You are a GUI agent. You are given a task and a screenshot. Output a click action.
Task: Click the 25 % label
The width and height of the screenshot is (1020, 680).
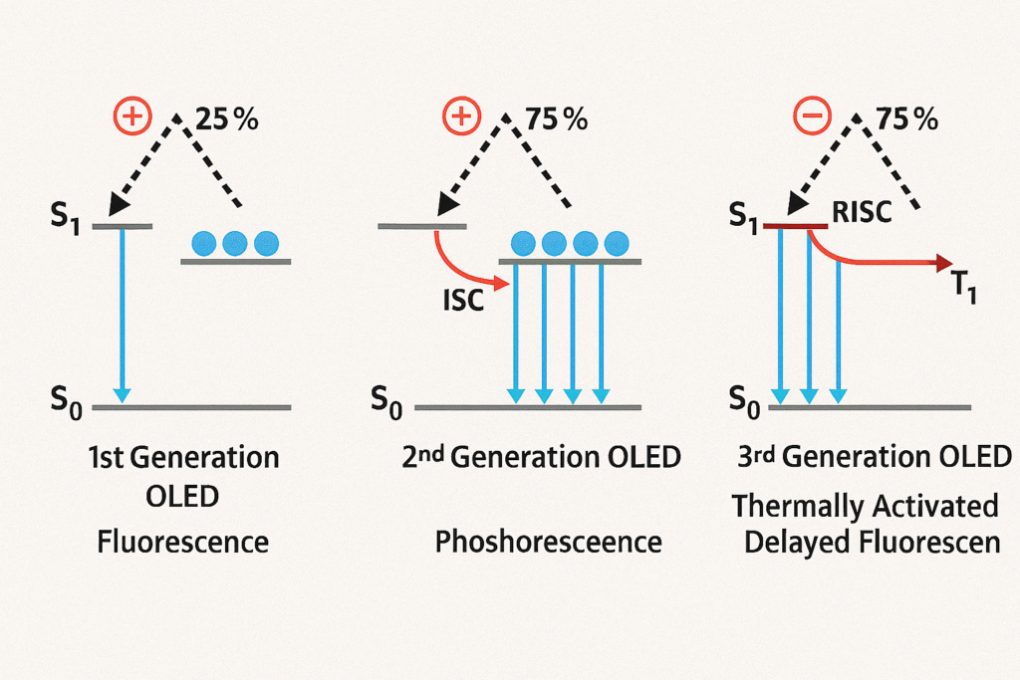[x=226, y=118]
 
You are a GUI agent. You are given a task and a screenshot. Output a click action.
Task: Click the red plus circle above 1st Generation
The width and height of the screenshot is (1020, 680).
[x=132, y=116]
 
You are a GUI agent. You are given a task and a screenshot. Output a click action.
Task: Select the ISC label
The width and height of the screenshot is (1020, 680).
[x=463, y=301]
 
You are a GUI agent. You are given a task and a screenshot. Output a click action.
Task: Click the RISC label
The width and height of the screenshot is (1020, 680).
[x=862, y=212]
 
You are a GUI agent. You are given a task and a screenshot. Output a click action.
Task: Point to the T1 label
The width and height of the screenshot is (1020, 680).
[x=963, y=286]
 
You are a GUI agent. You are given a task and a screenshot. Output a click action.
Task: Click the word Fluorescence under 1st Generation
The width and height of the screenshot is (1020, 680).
[x=183, y=542]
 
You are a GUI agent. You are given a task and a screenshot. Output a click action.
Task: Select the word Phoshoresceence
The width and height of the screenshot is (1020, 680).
[x=549, y=542]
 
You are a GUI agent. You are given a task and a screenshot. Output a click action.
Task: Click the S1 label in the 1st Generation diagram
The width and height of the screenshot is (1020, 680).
[x=66, y=216]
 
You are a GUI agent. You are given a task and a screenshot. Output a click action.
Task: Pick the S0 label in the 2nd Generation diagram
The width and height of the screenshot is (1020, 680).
[x=386, y=401]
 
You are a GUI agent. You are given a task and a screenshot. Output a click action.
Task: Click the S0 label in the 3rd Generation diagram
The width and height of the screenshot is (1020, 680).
[x=744, y=401]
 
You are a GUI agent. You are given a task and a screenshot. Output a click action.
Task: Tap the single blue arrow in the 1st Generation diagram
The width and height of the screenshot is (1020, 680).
[x=122, y=315]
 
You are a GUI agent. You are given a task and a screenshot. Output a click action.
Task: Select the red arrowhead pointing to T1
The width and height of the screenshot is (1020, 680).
[x=943, y=262]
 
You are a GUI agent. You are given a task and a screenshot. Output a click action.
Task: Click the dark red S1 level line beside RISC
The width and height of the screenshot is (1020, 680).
[x=795, y=226]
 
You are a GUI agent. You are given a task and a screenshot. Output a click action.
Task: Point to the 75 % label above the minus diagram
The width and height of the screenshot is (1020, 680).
[x=906, y=118]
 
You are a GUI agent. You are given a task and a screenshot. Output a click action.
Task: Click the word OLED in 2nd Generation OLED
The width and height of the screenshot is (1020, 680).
[x=643, y=457]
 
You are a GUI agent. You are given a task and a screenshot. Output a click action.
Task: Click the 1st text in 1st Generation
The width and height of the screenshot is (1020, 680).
[x=106, y=458]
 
